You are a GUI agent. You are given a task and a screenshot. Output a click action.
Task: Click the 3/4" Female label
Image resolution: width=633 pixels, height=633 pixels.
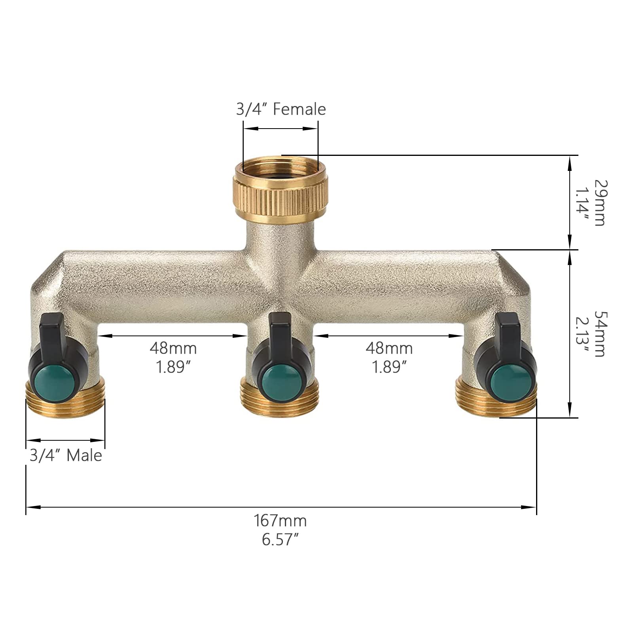(281, 109)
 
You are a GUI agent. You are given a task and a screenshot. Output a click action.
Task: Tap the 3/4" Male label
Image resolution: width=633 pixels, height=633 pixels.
(66, 455)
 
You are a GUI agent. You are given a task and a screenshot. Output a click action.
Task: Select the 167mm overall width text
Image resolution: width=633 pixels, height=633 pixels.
(280, 521)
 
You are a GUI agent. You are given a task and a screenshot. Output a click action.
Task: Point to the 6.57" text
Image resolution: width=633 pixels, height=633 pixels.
(280, 540)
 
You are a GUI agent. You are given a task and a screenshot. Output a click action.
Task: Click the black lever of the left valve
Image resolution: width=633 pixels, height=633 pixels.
(52, 330)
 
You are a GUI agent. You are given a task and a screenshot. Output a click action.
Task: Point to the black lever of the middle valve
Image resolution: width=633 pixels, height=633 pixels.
(280, 328)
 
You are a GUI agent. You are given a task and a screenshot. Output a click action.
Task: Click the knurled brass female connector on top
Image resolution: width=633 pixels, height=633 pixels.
(280, 190)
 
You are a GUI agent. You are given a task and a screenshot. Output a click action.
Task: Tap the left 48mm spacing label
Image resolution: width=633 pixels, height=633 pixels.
(173, 348)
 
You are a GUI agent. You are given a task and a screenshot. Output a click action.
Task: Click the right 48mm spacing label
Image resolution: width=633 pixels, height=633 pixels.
(389, 348)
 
